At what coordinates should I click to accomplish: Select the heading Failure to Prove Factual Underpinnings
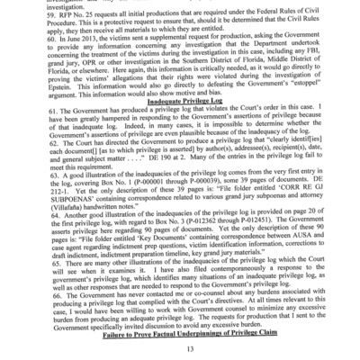179,331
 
